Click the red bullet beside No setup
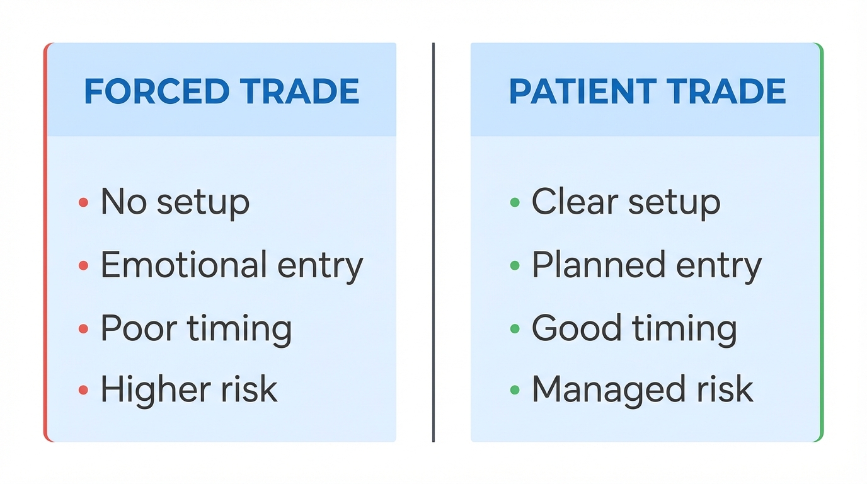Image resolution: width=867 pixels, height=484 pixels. click(x=83, y=202)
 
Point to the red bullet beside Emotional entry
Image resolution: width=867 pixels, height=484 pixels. click(x=83, y=265)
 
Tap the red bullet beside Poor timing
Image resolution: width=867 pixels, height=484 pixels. click(x=83, y=328)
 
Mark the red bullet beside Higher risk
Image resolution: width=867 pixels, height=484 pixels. click(x=83, y=390)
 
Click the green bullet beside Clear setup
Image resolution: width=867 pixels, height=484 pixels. click(x=515, y=202)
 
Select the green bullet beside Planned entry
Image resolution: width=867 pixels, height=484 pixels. click(x=515, y=265)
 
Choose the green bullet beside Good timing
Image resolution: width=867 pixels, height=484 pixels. click(x=515, y=328)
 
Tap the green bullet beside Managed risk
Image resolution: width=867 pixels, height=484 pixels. click(x=515, y=390)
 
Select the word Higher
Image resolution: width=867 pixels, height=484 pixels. click(x=146, y=389)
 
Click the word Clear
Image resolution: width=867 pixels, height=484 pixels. click(x=566, y=202)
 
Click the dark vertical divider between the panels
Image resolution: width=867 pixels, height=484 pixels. click(x=433, y=242)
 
